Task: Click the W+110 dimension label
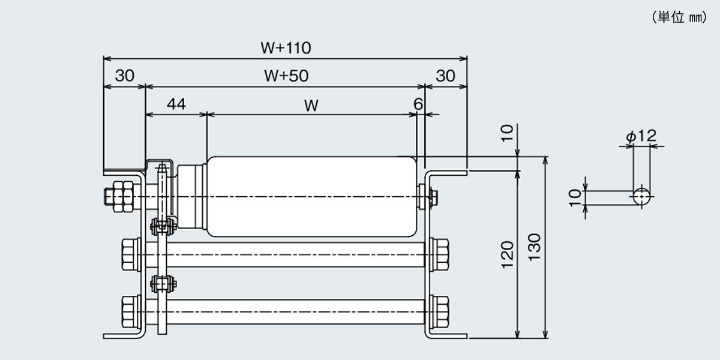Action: click(x=286, y=48)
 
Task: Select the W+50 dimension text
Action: click(x=286, y=76)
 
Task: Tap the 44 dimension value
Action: click(x=176, y=104)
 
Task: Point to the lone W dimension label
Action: click(x=311, y=106)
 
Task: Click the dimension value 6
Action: click(x=418, y=104)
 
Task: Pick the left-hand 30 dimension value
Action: click(x=125, y=76)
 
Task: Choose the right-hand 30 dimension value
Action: click(x=445, y=76)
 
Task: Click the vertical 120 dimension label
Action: click(x=508, y=254)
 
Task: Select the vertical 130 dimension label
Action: click(x=535, y=247)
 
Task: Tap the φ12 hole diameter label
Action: click(x=641, y=136)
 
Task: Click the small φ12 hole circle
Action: click(x=641, y=196)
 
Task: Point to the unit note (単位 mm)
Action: click(x=679, y=17)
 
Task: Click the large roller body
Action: click(x=312, y=197)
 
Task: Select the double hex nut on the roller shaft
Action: click(x=123, y=196)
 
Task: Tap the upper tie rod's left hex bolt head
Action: click(x=131, y=254)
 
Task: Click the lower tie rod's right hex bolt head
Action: click(x=439, y=312)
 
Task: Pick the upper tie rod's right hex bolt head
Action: click(x=439, y=254)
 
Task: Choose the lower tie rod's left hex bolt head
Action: click(x=131, y=312)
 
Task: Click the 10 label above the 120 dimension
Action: click(x=508, y=133)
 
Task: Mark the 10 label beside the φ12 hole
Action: click(x=575, y=197)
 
